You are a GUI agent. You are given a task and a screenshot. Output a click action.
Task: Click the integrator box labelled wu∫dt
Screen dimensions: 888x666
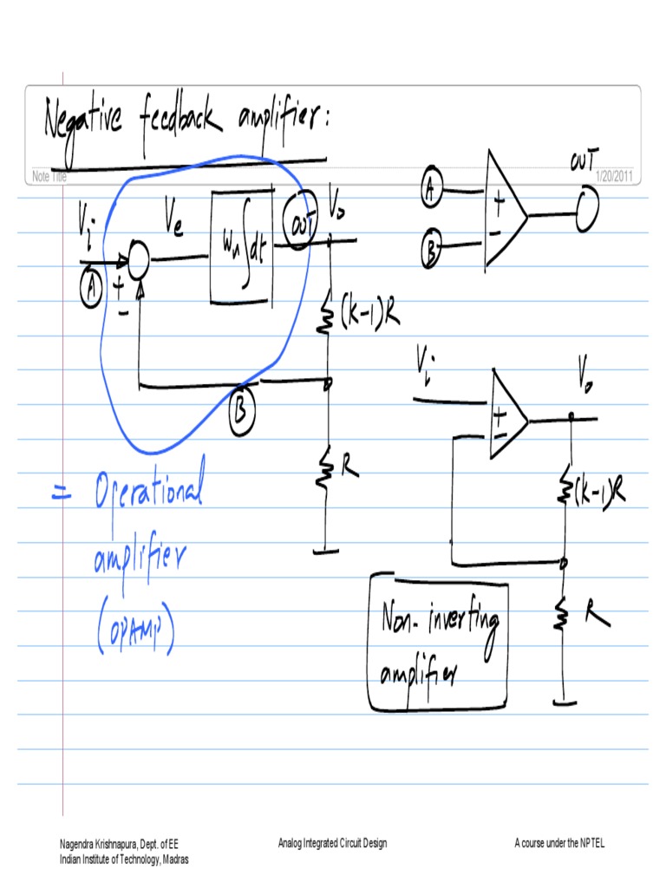coord(242,245)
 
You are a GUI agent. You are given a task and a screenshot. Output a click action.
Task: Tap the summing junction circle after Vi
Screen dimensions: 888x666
coord(138,256)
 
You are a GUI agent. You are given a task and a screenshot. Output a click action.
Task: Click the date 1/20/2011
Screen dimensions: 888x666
coord(615,177)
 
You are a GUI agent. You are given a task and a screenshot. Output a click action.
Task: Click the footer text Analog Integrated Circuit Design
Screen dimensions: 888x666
coord(332,843)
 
